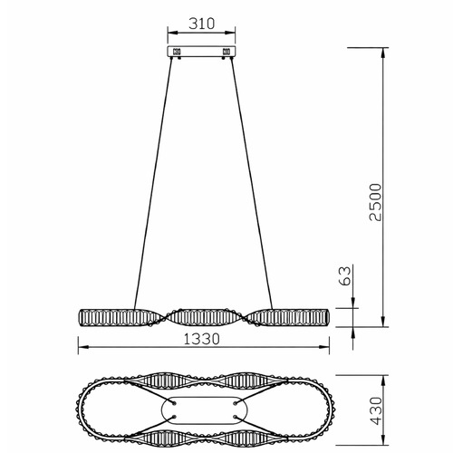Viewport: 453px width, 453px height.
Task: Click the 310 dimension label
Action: point(202,24)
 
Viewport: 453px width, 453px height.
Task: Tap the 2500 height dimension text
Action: point(376,202)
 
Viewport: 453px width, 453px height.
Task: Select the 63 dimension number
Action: point(345,275)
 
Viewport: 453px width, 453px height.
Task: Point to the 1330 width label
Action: point(202,339)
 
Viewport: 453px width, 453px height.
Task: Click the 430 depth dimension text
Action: point(376,410)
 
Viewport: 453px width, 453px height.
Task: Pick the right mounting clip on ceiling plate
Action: point(226,52)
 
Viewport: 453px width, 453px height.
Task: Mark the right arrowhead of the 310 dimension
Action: point(231,33)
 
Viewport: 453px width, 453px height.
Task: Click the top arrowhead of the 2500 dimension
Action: point(383,52)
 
